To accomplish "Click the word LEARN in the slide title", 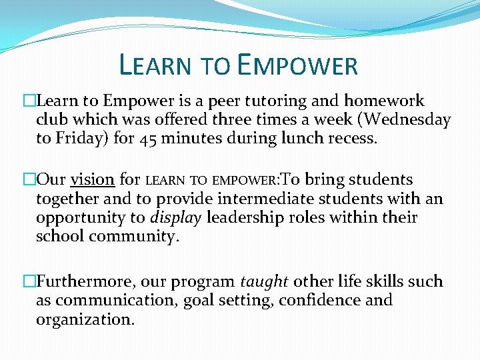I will pos(155,65).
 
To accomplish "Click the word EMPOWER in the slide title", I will pos(297,65).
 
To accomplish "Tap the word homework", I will pos(384,101).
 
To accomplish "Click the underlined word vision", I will pos(93,180).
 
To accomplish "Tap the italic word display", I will pos(176,217).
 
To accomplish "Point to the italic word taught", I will pos(264,282).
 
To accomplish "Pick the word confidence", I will pos(319,301).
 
